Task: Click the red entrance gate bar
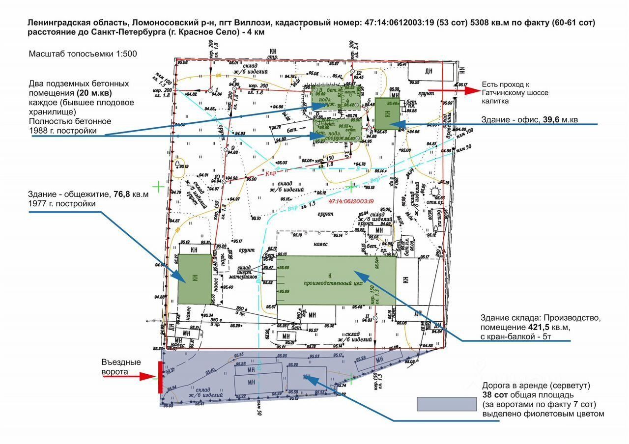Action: click(160, 377)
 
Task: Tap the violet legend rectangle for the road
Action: click(447, 404)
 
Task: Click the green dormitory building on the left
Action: click(194, 279)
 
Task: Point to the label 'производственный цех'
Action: click(337, 282)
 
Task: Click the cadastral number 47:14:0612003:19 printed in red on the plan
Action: click(351, 201)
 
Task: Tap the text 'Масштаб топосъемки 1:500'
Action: click(83, 54)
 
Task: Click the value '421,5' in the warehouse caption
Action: click(522, 327)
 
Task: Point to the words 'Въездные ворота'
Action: click(121, 367)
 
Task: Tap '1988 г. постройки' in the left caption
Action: click(62, 130)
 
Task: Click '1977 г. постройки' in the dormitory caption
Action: click(62, 203)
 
